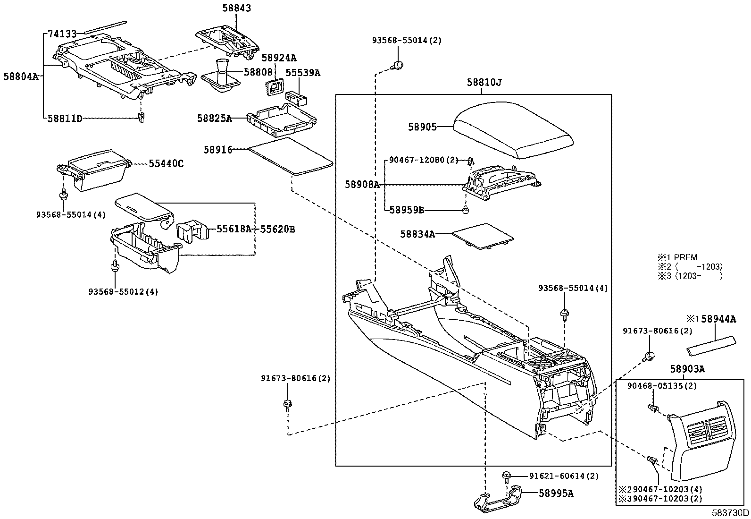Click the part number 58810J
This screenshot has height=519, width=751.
click(484, 83)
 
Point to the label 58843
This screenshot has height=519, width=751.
click(237, 9)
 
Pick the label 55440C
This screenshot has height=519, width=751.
click(166, 164)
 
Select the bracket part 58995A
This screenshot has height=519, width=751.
click(498, 498)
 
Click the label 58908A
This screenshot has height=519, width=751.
click(362, 185)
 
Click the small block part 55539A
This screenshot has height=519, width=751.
click(297, 97)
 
